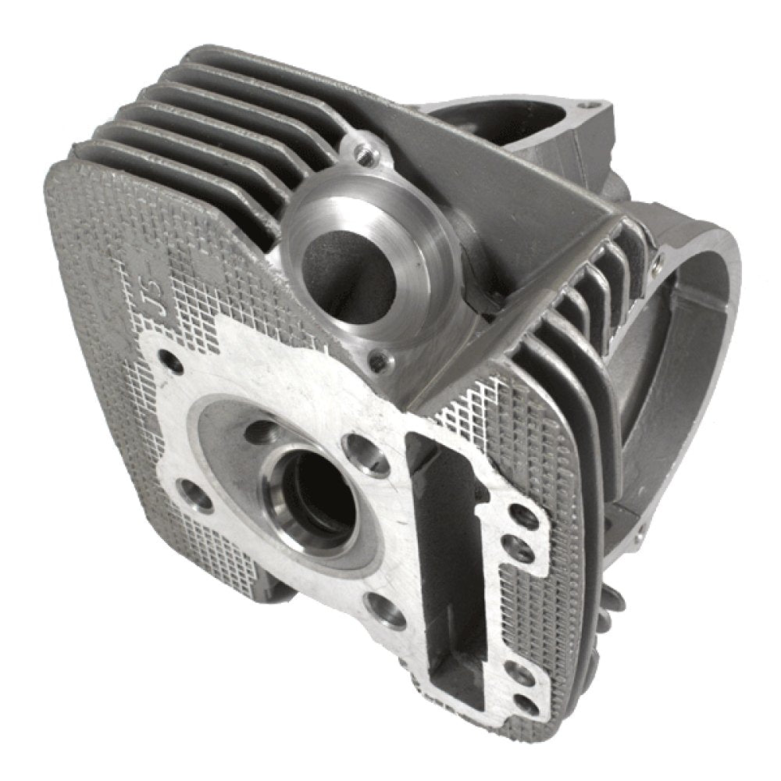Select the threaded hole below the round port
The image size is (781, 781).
tap(380, 361)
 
